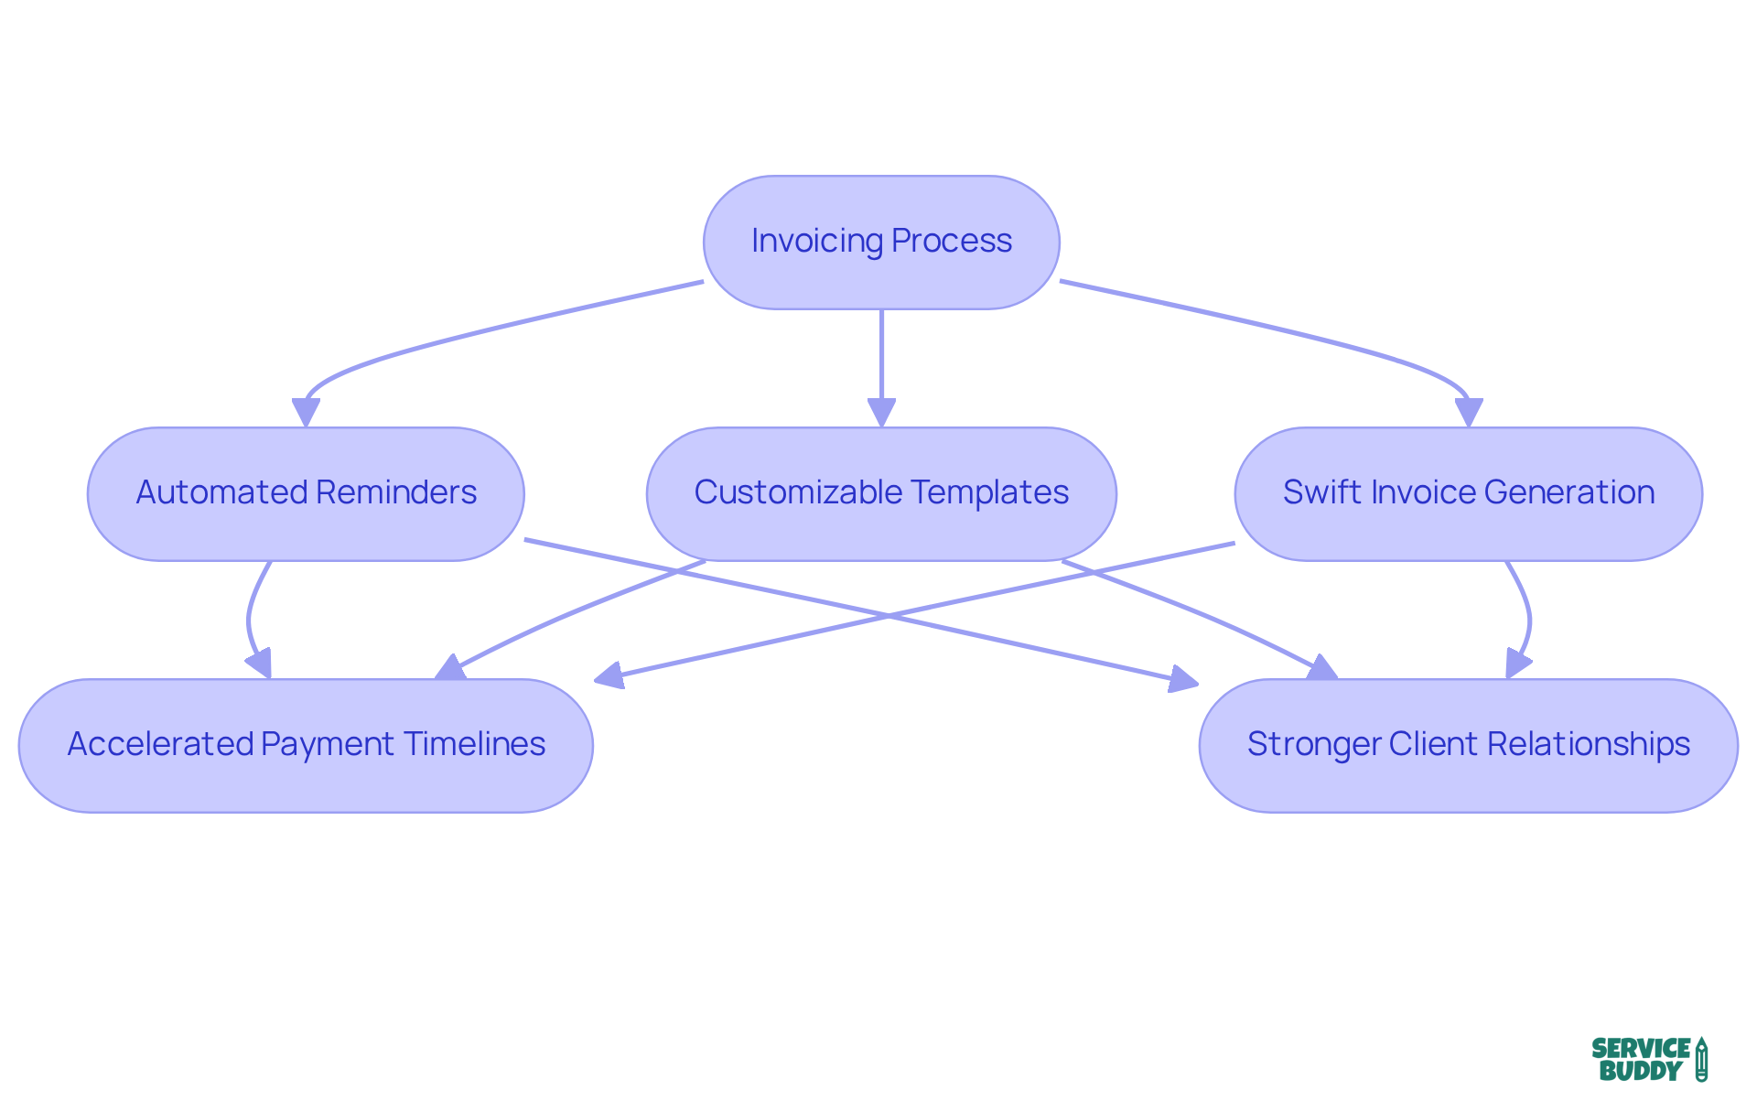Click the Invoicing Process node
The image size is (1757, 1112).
tap(880, 243)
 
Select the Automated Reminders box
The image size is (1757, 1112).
tap(306, 494)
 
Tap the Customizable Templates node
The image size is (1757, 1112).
tap(880, 494)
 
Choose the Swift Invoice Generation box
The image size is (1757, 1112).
tap(1468, 494)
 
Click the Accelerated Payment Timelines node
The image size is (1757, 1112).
tap(306, 746)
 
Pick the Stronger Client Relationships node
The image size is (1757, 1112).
tap(1468, 746)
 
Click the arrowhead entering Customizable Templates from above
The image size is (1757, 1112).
tap(881, 413)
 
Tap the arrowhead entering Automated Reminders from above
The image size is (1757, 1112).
tap(306, 413)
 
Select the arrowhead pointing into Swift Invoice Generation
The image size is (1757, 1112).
tap(1469, 413)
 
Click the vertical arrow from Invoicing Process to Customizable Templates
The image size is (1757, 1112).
tap(881, 357)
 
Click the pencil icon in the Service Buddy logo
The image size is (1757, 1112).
tap(1700, 1060)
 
